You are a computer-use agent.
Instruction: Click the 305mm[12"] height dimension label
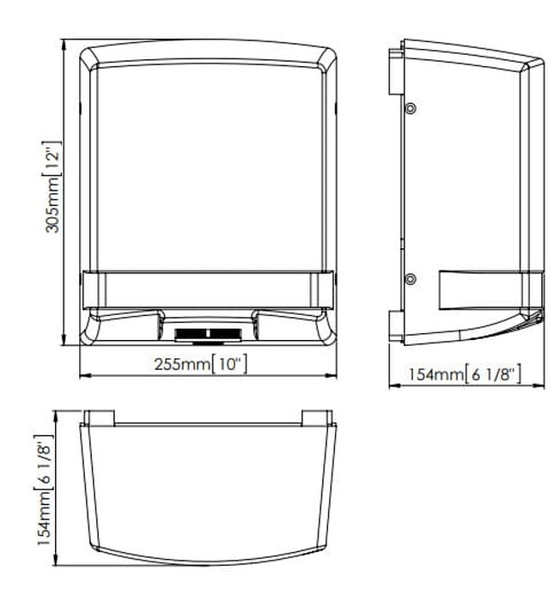coord(52,187)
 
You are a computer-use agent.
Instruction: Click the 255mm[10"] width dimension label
coord(201,364)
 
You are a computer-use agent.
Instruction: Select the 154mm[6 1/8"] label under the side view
coord(465,373)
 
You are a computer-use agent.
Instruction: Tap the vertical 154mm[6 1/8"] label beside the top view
coord(44,490)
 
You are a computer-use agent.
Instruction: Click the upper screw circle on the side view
coord(411,108)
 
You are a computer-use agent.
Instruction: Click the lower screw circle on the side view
coord(411,279)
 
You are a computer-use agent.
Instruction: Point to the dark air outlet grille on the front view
coord(208,334)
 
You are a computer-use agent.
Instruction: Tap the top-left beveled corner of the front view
coord(89,58)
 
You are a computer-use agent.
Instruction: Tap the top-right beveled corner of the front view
coord(327,58)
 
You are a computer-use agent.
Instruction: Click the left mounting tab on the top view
coord(99,418)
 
